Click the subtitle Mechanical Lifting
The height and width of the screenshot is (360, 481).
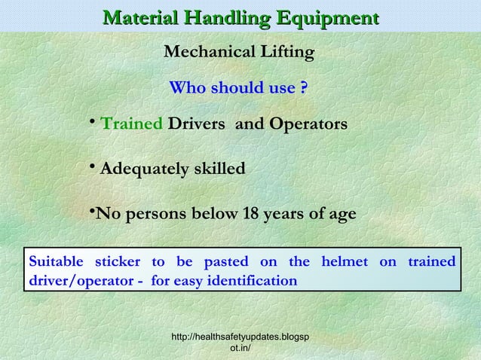239,53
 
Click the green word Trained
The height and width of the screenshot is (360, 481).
131,124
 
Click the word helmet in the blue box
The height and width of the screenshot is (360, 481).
345,261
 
